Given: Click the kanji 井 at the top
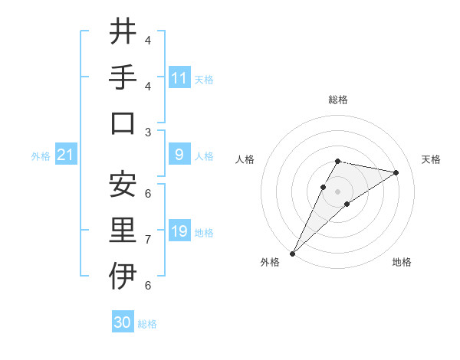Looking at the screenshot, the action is (x=123, y=31).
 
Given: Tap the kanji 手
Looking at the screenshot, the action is (x=123, y=77).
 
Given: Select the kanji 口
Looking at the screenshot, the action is (x=123, y=123).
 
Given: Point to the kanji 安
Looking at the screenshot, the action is (x=123, y=184).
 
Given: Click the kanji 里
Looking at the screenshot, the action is (x=123, y=230).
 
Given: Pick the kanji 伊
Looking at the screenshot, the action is (x=123, y=276).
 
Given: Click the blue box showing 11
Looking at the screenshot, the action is (x=179, y=77).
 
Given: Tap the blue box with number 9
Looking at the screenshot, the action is (x=179, y=155).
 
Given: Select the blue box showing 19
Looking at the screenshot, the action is (x=179, y=231).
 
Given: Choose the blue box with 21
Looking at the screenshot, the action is (x=65, y=155).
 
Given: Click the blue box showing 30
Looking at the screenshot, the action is (x=123, y=322).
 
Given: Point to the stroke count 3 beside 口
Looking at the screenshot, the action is (x=148, y=132).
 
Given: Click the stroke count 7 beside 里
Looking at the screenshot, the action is (x=148, y=240).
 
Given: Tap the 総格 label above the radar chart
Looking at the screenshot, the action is (x=337, y=100).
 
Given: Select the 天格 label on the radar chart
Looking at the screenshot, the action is (x=431, y=159).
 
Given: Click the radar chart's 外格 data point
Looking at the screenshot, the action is (x=292, y=254).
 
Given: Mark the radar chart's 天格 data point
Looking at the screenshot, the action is (x=396, y=172).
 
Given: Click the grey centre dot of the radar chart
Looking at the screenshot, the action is (x=337, y=191).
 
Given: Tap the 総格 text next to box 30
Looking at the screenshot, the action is (x=147, y=324).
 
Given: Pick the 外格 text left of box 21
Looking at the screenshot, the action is (x=41, y=156).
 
